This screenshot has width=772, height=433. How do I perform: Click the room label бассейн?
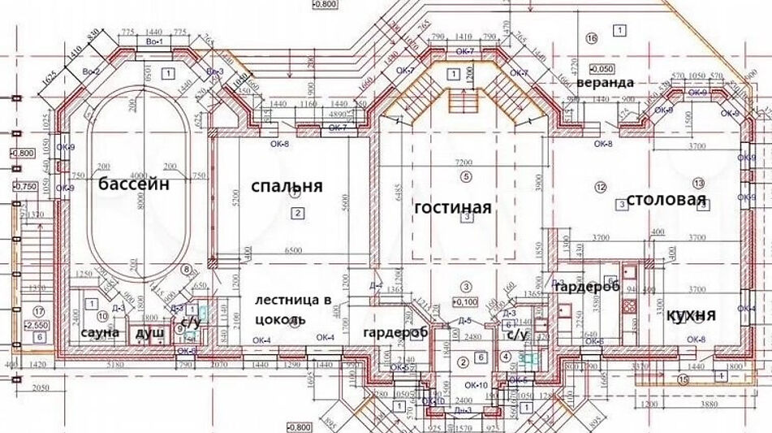(x=134, y=184)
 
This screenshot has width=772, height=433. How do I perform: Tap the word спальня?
(x=287, y=186)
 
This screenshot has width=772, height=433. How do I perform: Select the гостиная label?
(x=453, y=208)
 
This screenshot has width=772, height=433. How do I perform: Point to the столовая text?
(x=665, y=201)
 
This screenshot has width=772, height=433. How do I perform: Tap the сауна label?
(x=100, y=333)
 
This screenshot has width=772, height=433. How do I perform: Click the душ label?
(x=149, y=333)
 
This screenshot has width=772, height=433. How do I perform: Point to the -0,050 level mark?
(x=602, y=69)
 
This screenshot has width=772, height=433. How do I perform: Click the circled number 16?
(x=591, y=37)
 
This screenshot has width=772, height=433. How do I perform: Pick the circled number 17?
(x=37, y=311)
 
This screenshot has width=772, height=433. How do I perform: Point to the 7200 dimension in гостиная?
(x=464, y=163)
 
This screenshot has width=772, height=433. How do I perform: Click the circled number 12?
(x=601, y=188)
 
